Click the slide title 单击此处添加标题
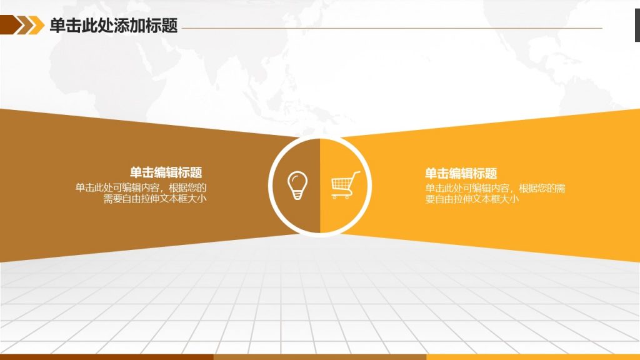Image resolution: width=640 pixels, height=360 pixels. click(x=114, y=25)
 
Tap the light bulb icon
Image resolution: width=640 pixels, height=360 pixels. click(x=297, y=185)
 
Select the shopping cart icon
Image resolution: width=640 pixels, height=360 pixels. click(x=345, y=185)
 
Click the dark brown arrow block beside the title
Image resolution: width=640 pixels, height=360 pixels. click(x=11, y=24)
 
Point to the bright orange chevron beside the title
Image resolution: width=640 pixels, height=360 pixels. click(x=36, y=25)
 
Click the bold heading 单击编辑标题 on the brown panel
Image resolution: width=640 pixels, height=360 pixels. click(x=166, y=172)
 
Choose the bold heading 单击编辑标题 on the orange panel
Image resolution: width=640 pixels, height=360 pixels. click(x=461, y=174)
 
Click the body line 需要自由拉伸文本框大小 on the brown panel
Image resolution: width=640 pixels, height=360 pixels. click(x=155, y=199)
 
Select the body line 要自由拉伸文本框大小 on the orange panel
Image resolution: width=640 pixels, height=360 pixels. click(x=472, y=199)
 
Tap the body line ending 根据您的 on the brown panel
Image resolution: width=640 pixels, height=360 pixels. click(x=141, y=187)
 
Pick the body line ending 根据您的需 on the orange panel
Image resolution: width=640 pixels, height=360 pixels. click(x=495, y=189)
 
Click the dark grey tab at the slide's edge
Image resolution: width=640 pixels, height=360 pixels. click(x=637, y=25)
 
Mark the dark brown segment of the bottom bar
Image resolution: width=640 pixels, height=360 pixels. click(x=106, y=357)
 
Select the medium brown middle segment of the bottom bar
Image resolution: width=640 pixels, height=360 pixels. click(x=320, y=357)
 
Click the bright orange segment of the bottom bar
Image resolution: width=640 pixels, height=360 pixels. click(x=533, y=357)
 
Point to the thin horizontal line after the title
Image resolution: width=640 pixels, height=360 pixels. click(x=392, y=28)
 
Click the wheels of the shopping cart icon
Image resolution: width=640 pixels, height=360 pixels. click(x=341, y=197)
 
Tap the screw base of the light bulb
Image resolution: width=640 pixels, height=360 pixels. click(x=297, y=195)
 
